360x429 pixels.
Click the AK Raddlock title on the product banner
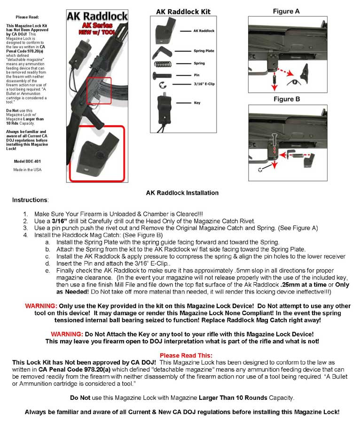coord(97,17)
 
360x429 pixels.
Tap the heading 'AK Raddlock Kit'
coord(183,12)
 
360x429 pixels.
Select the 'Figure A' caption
coord(286,11)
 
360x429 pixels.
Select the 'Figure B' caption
coord(286,99)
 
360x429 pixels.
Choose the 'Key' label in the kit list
coord(196,103)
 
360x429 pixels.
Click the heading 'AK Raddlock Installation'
coord(182,193)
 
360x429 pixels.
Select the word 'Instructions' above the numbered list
coord(30,200)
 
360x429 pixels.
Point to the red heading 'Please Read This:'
coord(186,355)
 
